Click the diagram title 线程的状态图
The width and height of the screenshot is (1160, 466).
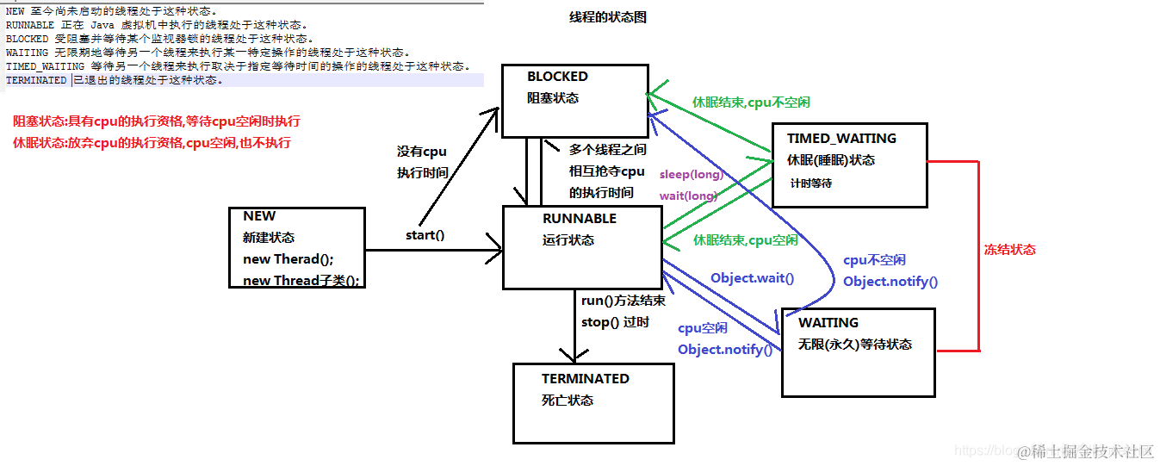point(607,17)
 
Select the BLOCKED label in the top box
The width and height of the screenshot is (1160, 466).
point(557,77)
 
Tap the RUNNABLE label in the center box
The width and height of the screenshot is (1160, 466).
point(580,219)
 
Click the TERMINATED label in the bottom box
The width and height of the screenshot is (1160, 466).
point(585,379)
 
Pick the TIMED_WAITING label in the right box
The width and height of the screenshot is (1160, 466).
point(841,138)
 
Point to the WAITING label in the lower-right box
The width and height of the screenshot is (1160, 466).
point(828,323)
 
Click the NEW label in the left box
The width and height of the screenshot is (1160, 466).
point(259,216)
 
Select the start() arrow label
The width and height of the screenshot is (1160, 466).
point(425,234)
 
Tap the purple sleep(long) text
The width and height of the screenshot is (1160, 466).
point(692,175)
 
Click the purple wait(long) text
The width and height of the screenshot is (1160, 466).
point(688,196)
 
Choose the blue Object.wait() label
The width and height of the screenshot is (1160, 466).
point(752,278)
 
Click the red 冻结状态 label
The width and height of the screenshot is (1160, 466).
point(1009,250)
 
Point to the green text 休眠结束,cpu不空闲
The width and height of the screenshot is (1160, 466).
point(751,102)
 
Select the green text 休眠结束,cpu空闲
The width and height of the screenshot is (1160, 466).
point(745,240)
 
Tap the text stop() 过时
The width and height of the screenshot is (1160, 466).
point(615,322)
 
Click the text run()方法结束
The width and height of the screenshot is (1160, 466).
point(623,301)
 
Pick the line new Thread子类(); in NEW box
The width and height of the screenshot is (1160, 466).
point(301,280)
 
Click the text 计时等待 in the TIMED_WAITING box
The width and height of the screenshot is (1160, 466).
point(811,183)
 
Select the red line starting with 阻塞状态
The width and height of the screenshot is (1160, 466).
point(157,121)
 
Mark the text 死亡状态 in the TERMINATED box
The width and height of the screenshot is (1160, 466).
point(568,401)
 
